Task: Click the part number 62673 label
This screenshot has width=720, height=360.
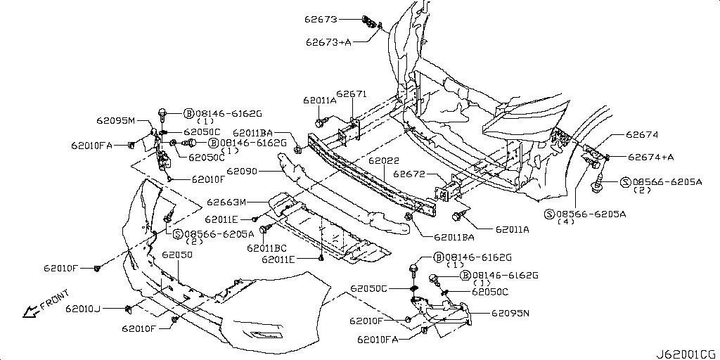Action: (321, 19)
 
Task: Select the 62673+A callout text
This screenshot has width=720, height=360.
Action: (328, 41)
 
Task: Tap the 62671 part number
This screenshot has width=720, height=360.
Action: (351, 94)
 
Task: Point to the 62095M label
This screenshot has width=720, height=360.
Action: (116, 120)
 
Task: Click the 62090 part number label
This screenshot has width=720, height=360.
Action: (241, 171)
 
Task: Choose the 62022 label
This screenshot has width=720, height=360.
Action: (384, 161)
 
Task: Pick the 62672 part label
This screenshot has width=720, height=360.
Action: (409, 173)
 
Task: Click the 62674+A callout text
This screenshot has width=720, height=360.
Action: (650, 157)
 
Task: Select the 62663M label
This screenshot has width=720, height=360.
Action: (226, 202)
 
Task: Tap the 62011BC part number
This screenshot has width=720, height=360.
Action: (266, 247)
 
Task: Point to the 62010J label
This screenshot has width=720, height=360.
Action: (84, 308)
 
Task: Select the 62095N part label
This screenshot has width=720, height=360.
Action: (510, 313)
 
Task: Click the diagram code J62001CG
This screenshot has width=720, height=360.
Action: (686, 352)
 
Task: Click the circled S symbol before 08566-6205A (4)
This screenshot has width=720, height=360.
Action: (549, 213)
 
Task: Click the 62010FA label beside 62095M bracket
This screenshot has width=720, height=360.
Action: (91, 146)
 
